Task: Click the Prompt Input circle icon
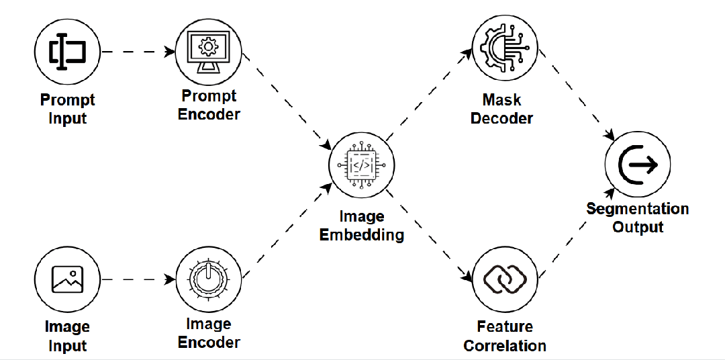coord(67,51)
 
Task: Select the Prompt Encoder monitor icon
coord(208,51)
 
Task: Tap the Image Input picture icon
coord(67,279)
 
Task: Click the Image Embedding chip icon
coord(361,165)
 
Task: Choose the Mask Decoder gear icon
coord(504,48)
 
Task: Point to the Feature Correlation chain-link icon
coord(505,279)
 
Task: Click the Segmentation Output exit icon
coord(638,165)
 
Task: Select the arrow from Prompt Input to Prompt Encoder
coord(138,51)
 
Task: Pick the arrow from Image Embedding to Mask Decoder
coord(430,94)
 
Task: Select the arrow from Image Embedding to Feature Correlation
coord(432,235)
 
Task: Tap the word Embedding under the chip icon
coord(362,235)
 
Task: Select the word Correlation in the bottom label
coord(505,346)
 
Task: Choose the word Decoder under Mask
coord(502,118)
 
